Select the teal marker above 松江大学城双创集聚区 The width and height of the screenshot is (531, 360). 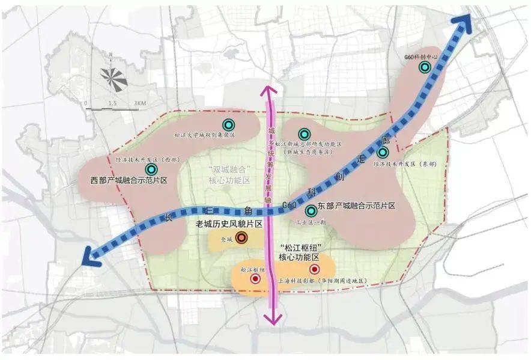click(228, 124)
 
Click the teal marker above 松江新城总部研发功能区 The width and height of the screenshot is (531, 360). click(305, 134)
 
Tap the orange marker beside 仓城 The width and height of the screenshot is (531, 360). click(241, 238)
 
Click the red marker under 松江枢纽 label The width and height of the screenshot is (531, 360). click(255, 279)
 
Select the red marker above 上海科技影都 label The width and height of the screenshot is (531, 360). click(314, 270)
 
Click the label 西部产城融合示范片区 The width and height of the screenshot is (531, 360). click(129, 180)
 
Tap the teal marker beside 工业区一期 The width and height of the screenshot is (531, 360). click(311, 211)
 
